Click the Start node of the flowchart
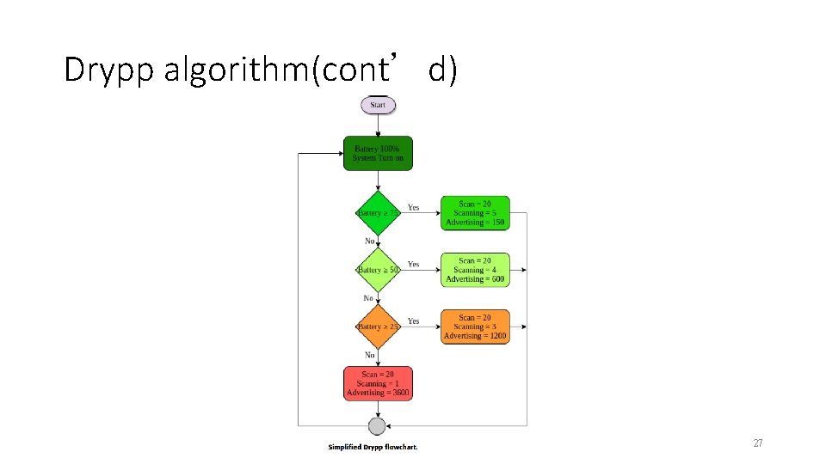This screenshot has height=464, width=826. (378, 105)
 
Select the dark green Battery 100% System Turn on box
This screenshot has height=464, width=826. (378, 153)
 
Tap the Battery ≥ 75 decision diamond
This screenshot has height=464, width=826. (378, 213)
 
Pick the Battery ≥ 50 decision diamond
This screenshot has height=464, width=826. (378, 270)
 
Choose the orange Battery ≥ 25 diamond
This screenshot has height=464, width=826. (378, 327)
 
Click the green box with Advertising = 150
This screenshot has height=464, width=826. (475, 213)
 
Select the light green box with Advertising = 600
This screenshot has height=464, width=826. (475, 270)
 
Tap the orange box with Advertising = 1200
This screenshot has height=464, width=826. (475, 327)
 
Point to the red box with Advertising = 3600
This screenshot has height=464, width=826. (378, 383)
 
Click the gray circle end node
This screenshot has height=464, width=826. (377, 426)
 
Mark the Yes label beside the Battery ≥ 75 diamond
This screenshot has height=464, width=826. (414, 207)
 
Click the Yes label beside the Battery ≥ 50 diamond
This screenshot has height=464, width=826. (414, 264)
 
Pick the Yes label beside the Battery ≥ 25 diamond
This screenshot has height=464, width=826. (414, 321)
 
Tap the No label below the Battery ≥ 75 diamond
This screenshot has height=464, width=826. (370, 241)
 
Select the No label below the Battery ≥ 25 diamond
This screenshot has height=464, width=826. (370, 355)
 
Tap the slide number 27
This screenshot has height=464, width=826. (757, 443)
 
